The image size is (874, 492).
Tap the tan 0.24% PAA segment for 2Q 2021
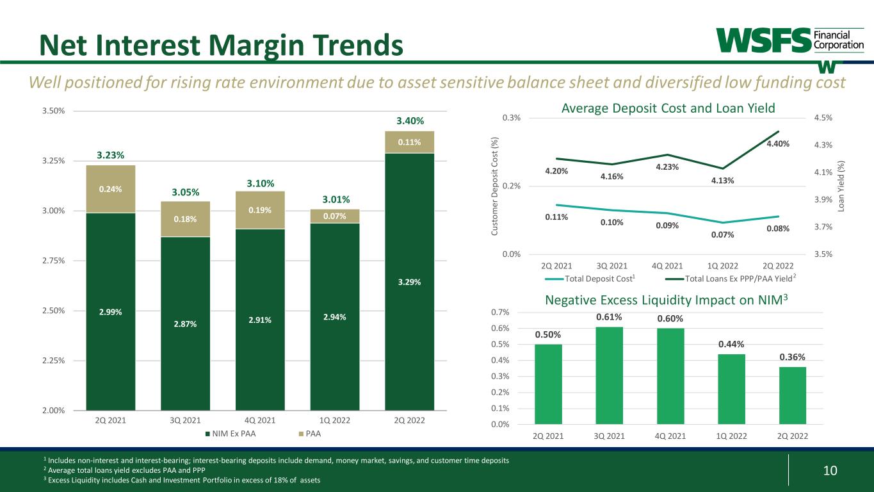point(111,189)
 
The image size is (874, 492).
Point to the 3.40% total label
point(409,121)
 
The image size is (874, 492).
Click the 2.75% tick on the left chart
point(54,261)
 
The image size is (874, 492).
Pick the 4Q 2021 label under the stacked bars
point(260,420)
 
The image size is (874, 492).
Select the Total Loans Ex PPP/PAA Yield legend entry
point(727,278)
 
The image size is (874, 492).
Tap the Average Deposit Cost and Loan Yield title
point(668,108)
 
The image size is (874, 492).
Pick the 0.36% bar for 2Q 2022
point(792,395)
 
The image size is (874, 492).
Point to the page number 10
point(830,471)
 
